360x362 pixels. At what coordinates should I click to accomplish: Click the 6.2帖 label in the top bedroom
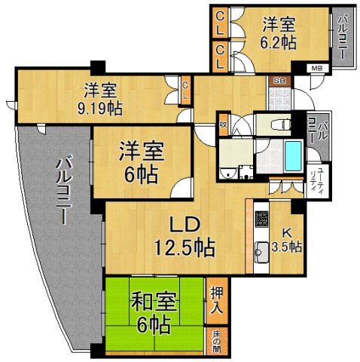[277, 42]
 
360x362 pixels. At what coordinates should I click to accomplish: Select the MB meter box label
[316, 69]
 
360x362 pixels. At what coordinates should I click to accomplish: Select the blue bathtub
[293, 157]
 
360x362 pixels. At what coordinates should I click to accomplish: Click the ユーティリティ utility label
[319, 180]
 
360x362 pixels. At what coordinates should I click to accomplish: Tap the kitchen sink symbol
[261, 248]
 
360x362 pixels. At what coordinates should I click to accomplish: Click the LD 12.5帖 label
[183, 236]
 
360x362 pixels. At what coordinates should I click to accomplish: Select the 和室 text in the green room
[154, 302]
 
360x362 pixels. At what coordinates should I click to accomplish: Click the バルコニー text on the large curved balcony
[59, 190]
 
